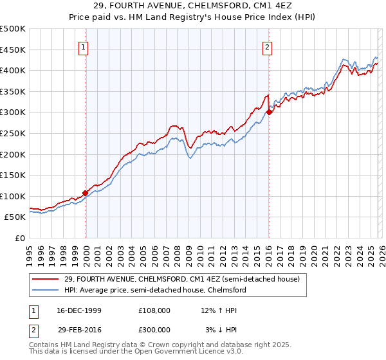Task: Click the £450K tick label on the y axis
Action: (x=13, y=50)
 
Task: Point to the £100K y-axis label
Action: (x=13, y=196)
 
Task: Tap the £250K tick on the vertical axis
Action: (x=13, y=133)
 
